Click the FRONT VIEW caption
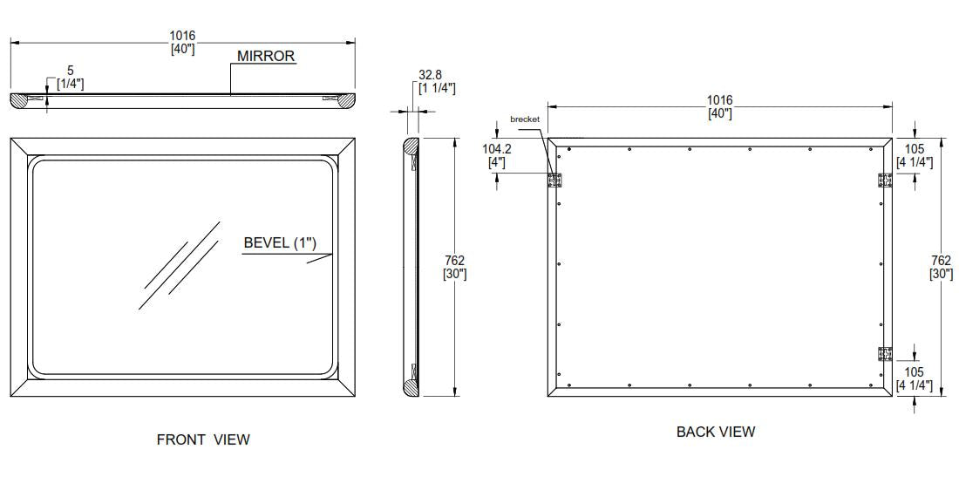[x=203, y=439]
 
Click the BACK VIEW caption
[x=716, y=432]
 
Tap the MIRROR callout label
[x=266, y=57]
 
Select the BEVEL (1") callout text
[x=280, y=242]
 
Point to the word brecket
[x=525, y=119]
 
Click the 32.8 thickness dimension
[x=437, y=81]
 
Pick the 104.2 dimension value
[x=497, y=155]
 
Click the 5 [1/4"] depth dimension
[x=71, y=78]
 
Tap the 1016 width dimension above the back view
[x=720, y=106]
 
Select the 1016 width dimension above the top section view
[x=182, y=43]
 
